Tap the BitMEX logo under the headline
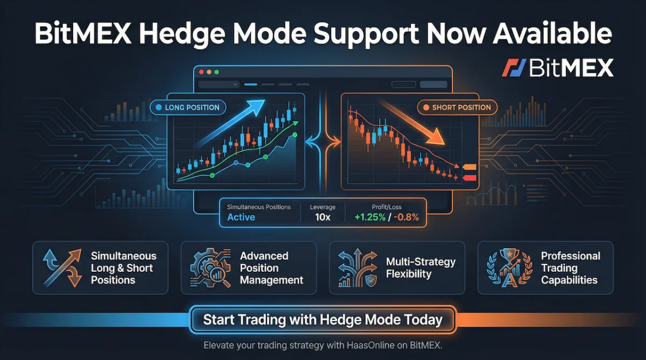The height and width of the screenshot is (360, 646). click(558, 68)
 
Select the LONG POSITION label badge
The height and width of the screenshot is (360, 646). click(187, 108)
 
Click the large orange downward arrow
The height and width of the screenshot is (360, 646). click(420, 124)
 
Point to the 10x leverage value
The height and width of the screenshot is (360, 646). click(322, 217)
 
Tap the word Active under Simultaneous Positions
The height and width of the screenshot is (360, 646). click(241, 217)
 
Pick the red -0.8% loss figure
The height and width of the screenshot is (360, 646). click(406, 217)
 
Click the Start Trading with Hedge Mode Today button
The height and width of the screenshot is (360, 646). click(322, 320)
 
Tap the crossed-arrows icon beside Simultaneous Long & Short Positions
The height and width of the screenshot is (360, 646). click(62, 267)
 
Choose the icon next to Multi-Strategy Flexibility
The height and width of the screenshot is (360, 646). click(359, 267)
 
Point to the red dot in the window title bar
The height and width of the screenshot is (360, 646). click(202, 72)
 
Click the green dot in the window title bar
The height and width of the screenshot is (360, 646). click(217, 72)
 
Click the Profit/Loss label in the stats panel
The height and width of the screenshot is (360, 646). click(387, 207)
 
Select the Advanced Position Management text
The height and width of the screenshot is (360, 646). click(271, 268)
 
